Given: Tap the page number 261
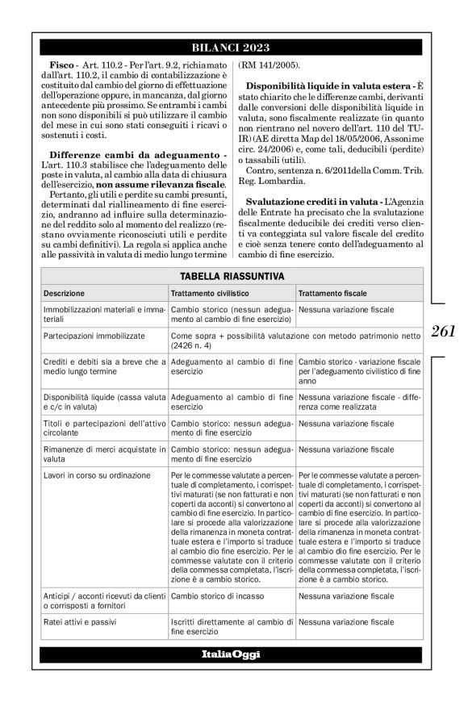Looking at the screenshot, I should (x=443, y=331).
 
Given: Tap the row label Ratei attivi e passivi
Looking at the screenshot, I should (x=77, y=622).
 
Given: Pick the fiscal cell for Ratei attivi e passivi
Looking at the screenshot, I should (x=345, y=622).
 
